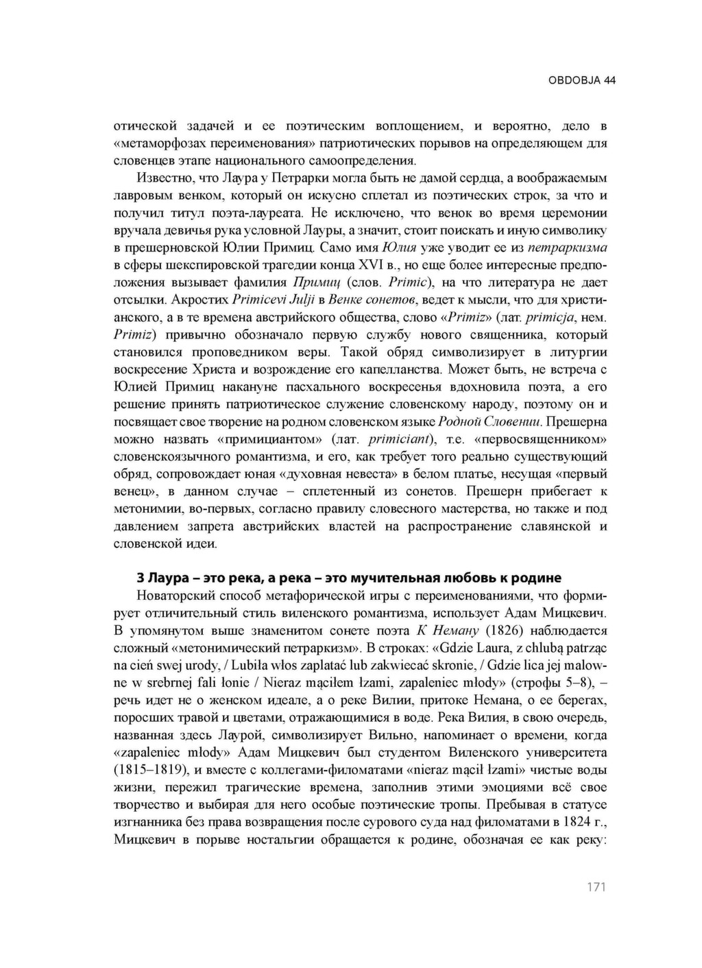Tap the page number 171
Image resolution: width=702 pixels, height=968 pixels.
click(x=596, y=887)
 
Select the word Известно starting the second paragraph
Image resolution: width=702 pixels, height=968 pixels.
click(x=162, y=178)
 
